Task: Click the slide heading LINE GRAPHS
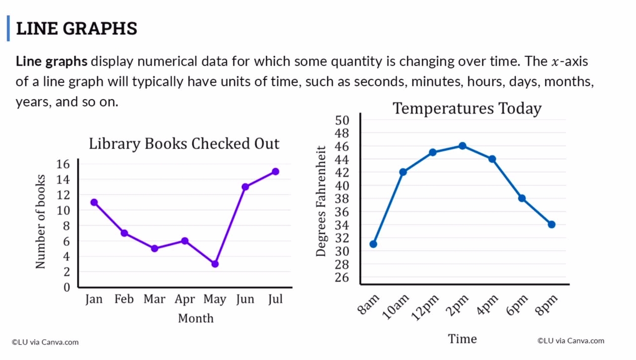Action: (77, 28)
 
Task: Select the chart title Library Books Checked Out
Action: (184, 144)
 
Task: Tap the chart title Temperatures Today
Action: (467, 108)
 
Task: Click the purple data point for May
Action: (215, 264)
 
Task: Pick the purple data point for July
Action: (275, 172)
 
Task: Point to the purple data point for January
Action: (94, 203)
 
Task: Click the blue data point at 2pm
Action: (463, 146)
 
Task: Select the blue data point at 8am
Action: (373, 244)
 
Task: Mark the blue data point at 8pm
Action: (552, 225)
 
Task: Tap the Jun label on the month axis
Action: (245, 299)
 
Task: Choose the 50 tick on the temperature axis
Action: (342, 120)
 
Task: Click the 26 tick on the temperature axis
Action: (342, 278)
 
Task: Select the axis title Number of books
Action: (40, 221)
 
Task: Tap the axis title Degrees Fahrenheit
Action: (321, 201)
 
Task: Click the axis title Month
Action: (195, 318)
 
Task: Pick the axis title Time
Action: (462, 339)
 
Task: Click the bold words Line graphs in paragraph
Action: (52, 62)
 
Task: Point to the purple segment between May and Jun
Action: (230, 226)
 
